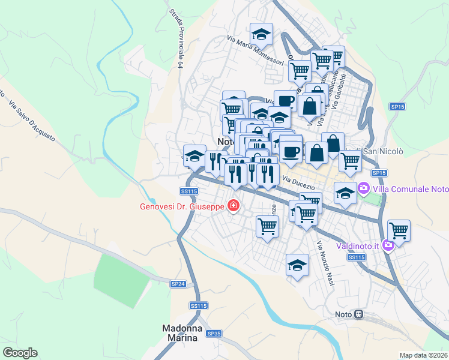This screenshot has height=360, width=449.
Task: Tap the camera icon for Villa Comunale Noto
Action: point(364,189)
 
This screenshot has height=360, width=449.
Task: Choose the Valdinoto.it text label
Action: point(357,245)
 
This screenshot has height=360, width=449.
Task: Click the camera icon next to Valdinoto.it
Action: point(388,244)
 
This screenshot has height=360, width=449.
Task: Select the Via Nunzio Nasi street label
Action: point(325,263)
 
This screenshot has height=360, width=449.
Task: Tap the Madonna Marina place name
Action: point(180,333)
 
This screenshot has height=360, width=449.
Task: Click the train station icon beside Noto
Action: point(358,314)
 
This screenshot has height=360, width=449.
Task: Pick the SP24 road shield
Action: point(178,284)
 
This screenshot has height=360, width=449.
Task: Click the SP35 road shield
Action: point(214,333)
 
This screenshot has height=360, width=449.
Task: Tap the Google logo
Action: point(20,353)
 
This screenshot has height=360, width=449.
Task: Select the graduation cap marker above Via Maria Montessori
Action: point(261,34)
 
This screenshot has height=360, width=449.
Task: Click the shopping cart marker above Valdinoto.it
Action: point(399,230)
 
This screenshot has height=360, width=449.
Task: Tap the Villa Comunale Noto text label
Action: point(411,189)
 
